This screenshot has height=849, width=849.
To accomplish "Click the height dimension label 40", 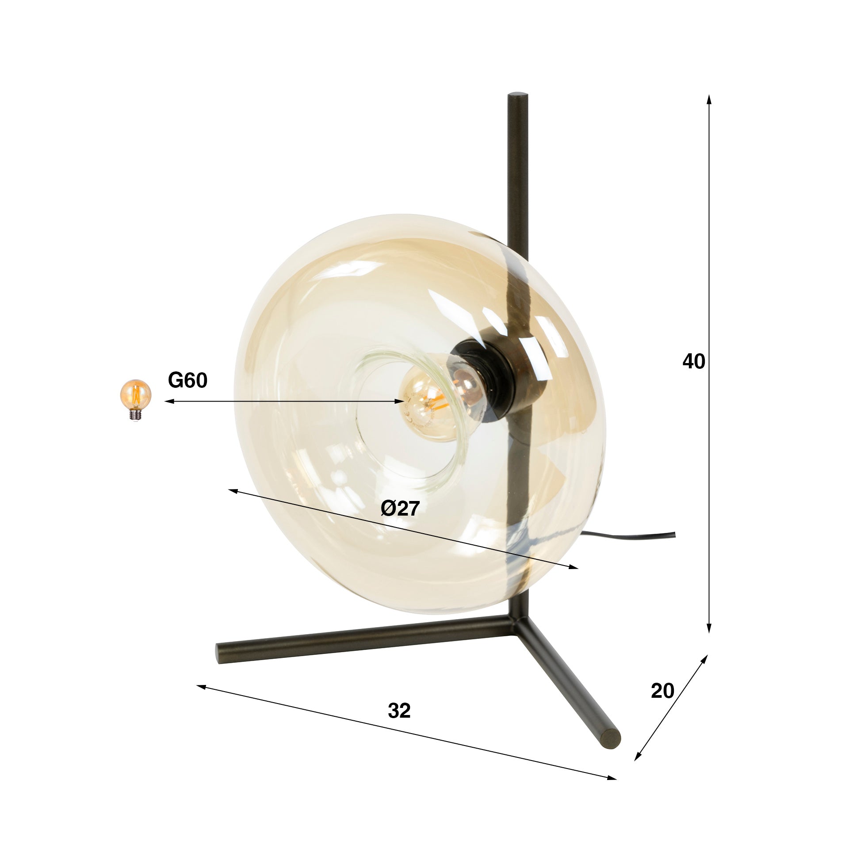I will pos(693,362).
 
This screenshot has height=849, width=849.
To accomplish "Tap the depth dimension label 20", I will pos(662,691).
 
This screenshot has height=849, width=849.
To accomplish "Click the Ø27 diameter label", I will pos(400,509).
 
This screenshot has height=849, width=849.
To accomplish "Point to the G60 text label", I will pos(187,380).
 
